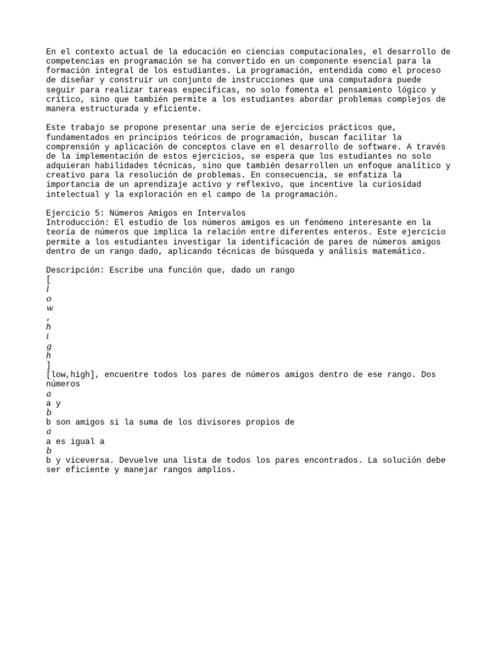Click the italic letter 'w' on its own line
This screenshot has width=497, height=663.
tap(49, 308)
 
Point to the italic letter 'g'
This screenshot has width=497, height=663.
tap(49, 346)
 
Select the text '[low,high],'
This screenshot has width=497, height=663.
tap(72, 374)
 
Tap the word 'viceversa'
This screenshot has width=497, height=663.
tap(85, 460)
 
